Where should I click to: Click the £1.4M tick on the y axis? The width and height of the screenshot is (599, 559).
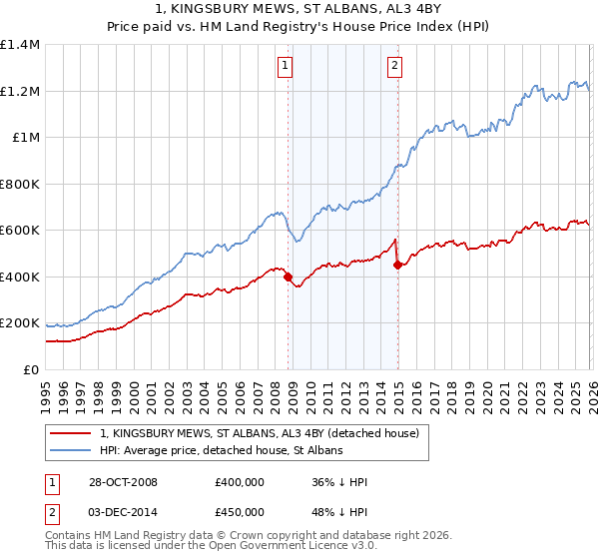point(20,45)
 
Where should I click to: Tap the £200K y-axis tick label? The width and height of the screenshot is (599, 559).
point(20,323)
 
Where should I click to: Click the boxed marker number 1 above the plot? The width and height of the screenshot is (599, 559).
point(285,66)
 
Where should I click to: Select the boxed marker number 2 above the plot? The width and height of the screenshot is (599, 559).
point(394,66)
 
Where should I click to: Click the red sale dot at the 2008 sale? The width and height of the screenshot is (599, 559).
point(289,278)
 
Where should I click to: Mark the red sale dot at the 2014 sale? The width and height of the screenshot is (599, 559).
point(397,266)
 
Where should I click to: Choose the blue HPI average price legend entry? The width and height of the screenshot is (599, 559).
point(221,450)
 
